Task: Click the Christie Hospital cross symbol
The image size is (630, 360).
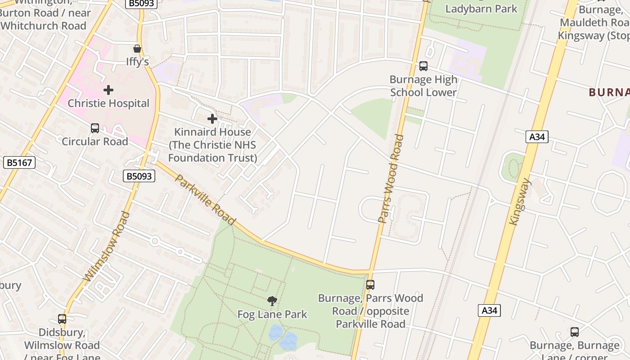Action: click(x=108, y=90)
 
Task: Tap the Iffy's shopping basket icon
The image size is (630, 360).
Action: click(x=137, y=49)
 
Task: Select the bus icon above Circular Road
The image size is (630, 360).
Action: click(x=95, y=128)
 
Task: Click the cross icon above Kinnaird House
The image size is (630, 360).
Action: click(x=212, y=119)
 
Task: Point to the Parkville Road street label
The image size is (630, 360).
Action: click(x=205, y=199)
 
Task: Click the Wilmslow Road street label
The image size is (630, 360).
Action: click(x=107, y=246)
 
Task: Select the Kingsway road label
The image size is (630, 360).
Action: click(x=521, y=202)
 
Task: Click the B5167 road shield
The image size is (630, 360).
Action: click(x=20, y=162)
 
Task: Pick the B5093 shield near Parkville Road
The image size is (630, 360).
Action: click(x=139, y=176)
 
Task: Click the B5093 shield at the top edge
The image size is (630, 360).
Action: click(x=141, y=4)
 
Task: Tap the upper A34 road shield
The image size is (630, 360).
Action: click(x=537, y=137)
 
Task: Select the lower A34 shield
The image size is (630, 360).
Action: click(x=489, y=310)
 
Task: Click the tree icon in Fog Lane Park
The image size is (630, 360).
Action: click(x=272, y=301)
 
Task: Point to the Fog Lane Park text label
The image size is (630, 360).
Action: click(x=272, y=314)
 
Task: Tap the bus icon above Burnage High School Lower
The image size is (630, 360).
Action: click(x=423, y=66)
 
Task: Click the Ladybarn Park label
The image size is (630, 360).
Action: click(x=481, y=9)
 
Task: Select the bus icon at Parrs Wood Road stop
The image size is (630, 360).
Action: click(x=370, y=285)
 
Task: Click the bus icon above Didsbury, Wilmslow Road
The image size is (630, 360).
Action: click(x=62, y=319)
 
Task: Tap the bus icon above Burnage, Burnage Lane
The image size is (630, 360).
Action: click(x=574, y=332)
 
